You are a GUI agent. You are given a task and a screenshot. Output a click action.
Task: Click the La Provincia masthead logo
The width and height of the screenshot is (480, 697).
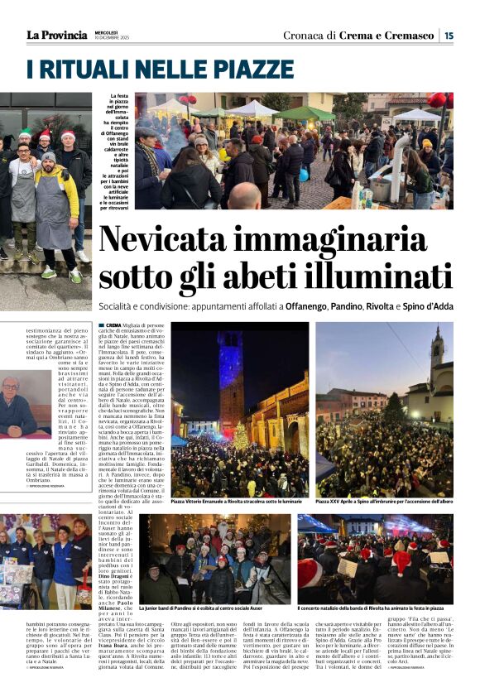pyautogui.click(x=56, y=35)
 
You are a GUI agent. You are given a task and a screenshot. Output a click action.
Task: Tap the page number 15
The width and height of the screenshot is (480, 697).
pyautogui.click(x=448, y=35)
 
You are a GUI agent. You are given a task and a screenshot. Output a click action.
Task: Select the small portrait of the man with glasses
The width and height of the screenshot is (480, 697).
pyautogui.click(x=14, y=406)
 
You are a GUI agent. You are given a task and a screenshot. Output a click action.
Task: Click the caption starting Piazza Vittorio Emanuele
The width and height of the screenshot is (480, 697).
pyautogui.click(x=235, y=501)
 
